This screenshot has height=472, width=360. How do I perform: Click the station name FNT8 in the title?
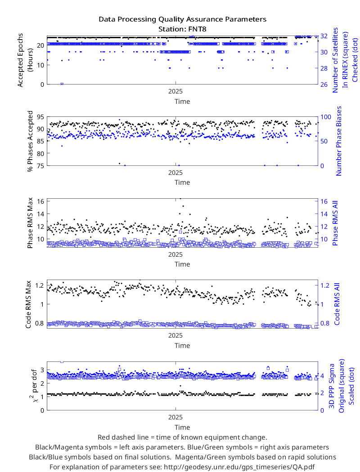[x=197, y=29]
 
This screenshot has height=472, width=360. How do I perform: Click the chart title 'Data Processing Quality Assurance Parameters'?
[x=183, y=19]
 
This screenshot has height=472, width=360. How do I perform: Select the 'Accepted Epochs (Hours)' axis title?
[x=25, y=60]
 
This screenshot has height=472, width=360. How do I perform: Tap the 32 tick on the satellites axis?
[x=324, y=36]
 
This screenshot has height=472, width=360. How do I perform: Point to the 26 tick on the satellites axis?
[x=324, y=85]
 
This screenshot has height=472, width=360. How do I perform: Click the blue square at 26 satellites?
[x=62, y=84]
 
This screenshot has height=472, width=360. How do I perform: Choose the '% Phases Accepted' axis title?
[x=30, y=141]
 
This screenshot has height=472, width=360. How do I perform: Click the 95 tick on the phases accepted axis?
[x=40, y=117]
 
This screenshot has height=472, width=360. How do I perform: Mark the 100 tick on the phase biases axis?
[x=326, y=117]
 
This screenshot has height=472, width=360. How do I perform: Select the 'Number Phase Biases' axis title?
[x=339, y=141]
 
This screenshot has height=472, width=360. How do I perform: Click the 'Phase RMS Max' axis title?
[x=30, y=223]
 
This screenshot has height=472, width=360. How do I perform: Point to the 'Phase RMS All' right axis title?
[x=335, y=223]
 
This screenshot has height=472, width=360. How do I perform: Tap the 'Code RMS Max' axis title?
[x=28, y=304]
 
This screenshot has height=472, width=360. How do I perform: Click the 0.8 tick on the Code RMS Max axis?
[x=39, y=323]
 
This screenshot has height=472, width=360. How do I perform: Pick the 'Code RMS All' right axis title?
[x=337, y=304]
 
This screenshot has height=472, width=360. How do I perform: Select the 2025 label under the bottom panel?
[x=175, y=417]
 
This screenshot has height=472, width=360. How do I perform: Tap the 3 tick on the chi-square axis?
[x=42, y=370]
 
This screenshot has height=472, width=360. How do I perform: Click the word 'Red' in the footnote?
[x=103, y=437]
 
